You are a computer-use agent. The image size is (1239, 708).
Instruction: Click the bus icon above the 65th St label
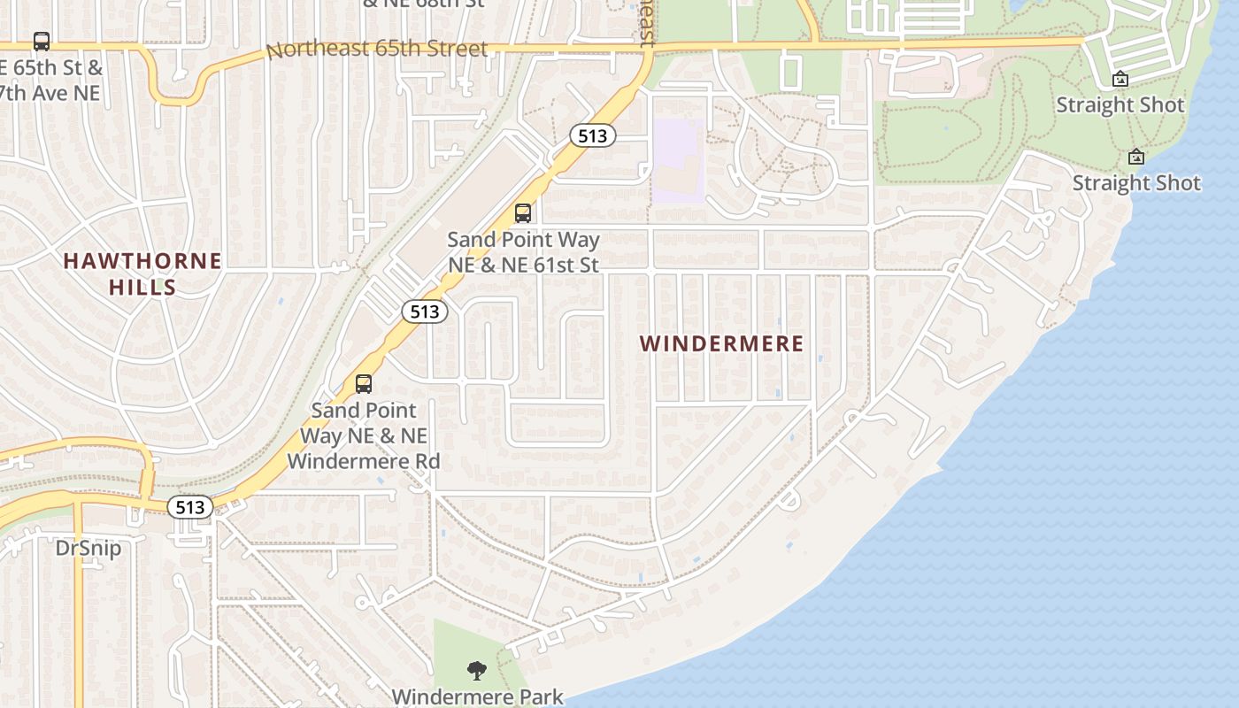41,42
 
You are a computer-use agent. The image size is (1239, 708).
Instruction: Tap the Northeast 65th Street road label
377,49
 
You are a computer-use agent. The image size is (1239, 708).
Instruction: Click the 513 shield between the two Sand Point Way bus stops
425,312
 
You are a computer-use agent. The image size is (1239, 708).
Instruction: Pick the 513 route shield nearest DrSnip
190,507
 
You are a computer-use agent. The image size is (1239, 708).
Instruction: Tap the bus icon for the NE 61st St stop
523,213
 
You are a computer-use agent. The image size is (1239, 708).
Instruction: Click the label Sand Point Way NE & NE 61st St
523,251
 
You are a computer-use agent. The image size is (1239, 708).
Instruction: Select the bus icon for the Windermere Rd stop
364,384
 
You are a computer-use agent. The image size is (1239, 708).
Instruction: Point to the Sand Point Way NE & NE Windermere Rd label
364,435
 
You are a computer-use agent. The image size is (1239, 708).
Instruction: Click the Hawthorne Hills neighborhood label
142,273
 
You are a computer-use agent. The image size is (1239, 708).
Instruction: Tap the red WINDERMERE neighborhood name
721,343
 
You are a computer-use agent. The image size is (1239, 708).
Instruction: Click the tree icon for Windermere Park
477,671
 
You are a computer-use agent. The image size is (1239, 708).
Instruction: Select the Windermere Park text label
477,696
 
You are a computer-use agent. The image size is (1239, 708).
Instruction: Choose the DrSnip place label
88,548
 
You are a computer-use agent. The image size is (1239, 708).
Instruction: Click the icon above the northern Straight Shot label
1120,79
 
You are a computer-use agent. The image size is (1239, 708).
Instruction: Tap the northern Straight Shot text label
1120,104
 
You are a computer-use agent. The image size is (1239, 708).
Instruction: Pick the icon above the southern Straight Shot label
1136,158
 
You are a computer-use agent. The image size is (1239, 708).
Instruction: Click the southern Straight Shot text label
1136,183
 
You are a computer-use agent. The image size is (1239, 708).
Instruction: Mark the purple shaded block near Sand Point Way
678,159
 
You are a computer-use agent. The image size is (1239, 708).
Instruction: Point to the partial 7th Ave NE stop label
50,92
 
